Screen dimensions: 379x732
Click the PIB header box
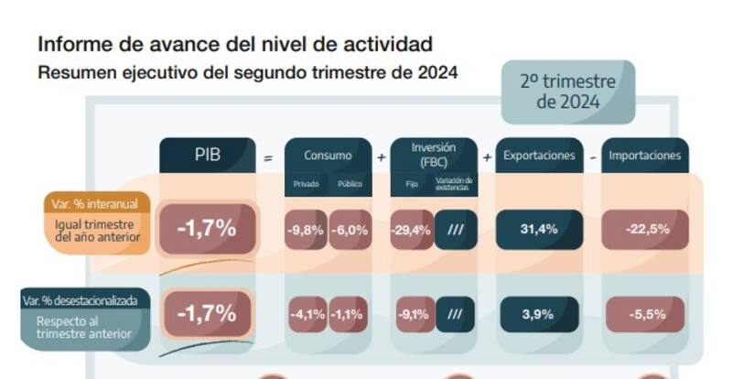point(208,155)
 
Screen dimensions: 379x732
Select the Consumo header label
point(328,155)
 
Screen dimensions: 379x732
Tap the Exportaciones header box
point(540,155)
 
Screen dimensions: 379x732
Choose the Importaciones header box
point(645,155)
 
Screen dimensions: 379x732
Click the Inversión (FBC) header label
point(434,154)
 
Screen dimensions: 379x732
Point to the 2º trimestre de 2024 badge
point(567,92)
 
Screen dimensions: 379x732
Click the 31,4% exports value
point(539,229)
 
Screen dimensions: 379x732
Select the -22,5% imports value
point(646,229)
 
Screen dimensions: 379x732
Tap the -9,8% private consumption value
point(306,230)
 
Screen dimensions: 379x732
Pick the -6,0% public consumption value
point(350,230)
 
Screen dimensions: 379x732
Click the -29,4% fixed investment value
point(412,230)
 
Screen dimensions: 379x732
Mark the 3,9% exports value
point(538,314)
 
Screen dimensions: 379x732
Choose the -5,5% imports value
point(646,314)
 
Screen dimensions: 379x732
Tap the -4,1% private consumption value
point(307,314)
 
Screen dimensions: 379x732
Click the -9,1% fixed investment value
point(413,314)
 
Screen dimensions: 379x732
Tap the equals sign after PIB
point(268,157)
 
